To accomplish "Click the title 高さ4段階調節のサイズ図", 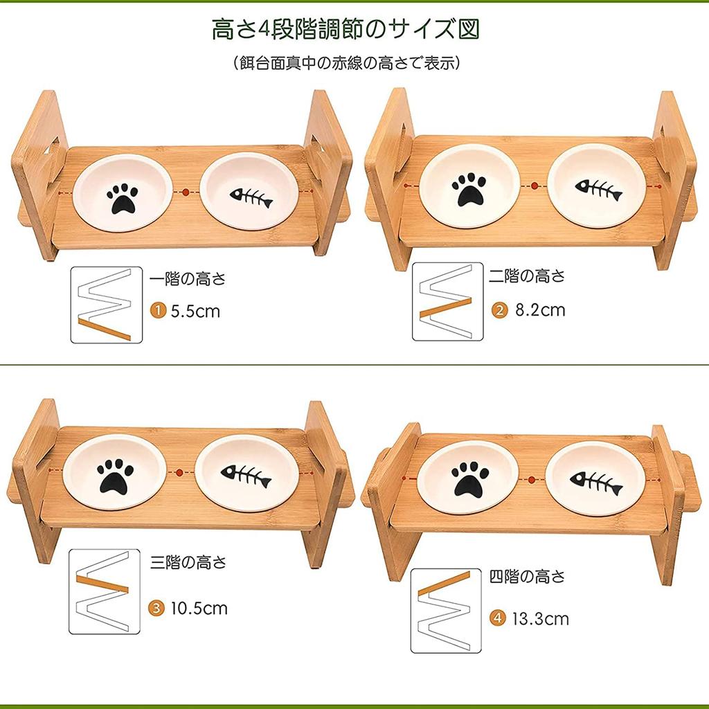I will (345, 30).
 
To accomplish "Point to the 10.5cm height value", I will (199, 609).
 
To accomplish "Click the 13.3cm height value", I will (540, 618).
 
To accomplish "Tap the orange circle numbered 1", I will (159, 311).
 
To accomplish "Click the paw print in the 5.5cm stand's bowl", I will (123, 199).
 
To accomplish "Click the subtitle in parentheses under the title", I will (347, 63).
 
